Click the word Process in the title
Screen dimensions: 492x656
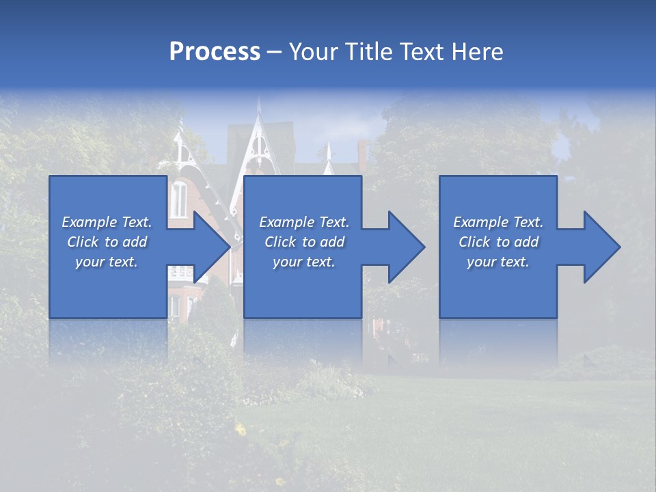(215, 52)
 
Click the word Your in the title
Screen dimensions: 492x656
(314, 52)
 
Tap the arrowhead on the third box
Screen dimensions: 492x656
(601, 247)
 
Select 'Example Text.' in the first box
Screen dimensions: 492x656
(107, 222)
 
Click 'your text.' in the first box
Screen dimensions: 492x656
(107, 262)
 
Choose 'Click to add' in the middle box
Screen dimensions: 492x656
(304, 242)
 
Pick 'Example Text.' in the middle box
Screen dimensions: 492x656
(304, 222)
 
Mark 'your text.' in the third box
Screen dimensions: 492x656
(498, 262)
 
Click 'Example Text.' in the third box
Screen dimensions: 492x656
(498, 222)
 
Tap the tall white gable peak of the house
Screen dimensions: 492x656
(259, 130)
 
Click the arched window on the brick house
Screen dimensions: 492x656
(178, 199)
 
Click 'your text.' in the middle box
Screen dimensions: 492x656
(304, 262)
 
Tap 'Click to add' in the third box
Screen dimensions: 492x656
(498, 242)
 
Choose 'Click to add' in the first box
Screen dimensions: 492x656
(107, 242)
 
